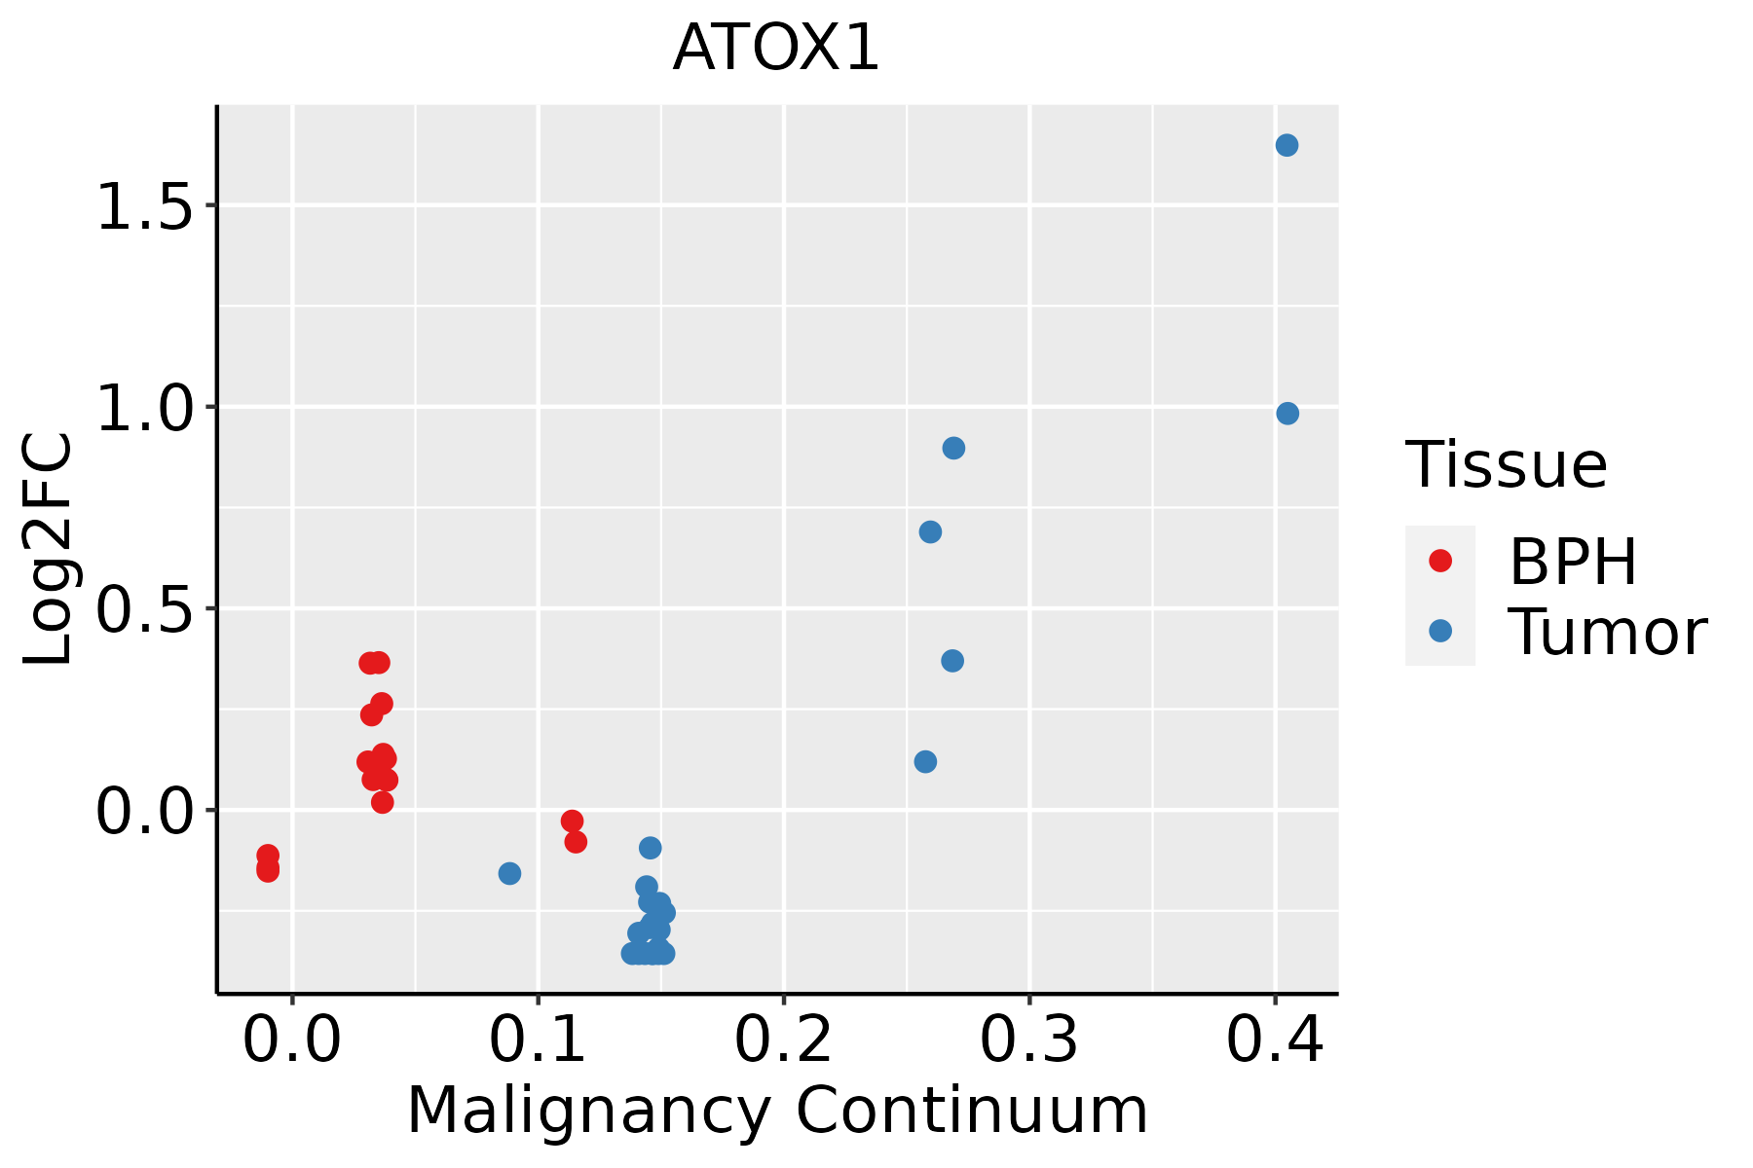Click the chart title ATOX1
pyautogui.click(x=776, y=49)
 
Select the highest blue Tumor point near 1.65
pyautogui.click(x=1287, y=145)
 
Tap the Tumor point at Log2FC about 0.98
pyautogui.click(x=1287, y=414)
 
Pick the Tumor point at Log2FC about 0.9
pyautogui.click(x=953, y=448)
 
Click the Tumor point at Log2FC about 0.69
pyautogui.click(x=930, y=531)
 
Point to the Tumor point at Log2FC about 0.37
pyautogui.click(x=952, y=661)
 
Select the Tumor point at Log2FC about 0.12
pyautogui.click(x=925, y=761)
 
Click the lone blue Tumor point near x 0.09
pyautogui.click(x=509, y=873)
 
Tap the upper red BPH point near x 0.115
pyautogui.click(x=572, y=821)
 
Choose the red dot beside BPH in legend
pyautogui.click(x=1439, y=560)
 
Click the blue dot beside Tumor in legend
pyautogui.click(x=1439, y=631)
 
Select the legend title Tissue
pyautogui.click(x=1506, y=465)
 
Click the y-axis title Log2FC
pyautogui.click(x=49, y=550)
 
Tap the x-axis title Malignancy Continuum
pyautogui.click(x=776, y=1111)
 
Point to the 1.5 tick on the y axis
pyautogui.click(x=146, y=206)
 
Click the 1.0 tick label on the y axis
pyautogui.click(x=146, y=408)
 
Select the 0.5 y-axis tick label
pyautogui.click(x=146, y=609)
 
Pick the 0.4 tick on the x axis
pyautogui.click(x=1274, y=1040)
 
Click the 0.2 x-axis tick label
pyautogui.click(x=783, y=1040)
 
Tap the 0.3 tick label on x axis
pyautogui.click(x=1028, y=1040)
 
